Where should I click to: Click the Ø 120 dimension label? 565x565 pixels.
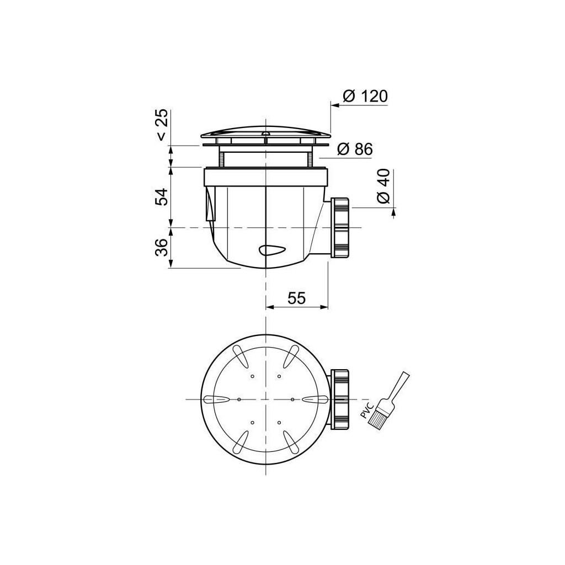click(x=365, y=96)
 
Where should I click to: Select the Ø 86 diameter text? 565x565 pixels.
click(x=354, y=149)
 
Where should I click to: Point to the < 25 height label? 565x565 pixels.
click(x=161, y=126)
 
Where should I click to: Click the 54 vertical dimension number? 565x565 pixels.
click(x=161, y=196)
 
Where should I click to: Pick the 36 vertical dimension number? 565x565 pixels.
click(x=161, y=248)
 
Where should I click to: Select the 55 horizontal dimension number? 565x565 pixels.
click(x=297, y=298)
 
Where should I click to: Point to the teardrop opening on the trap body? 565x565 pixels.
click(x=273, y=250)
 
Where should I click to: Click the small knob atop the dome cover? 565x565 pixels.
click(x=266, y=132)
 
